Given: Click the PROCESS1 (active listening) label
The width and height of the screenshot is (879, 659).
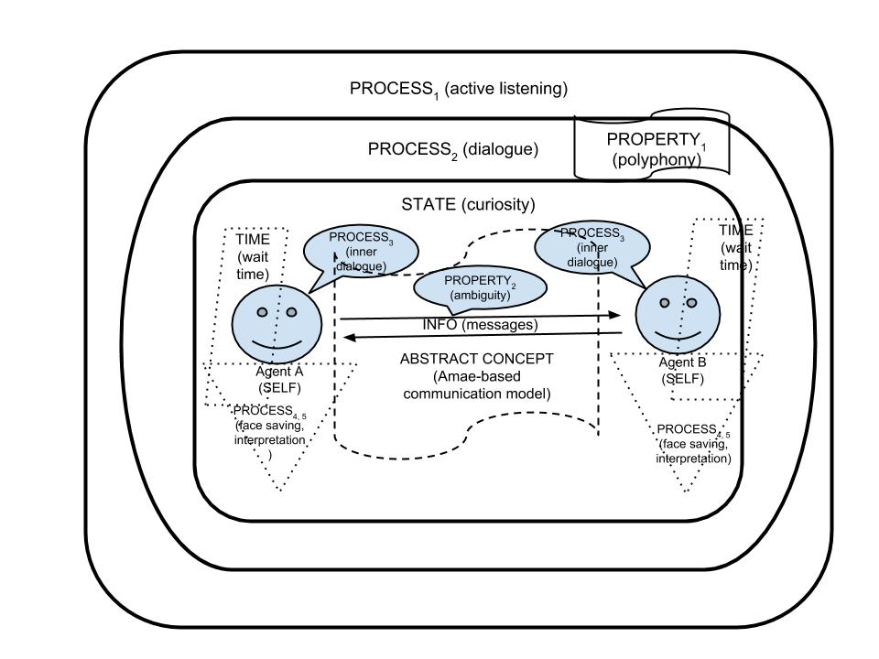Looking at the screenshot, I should point(459,90).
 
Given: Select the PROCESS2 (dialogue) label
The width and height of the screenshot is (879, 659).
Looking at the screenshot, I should point(452,148).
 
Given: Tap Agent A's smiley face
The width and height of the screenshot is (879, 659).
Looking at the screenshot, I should point(277,323).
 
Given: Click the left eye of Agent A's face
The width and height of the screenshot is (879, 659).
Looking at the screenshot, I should point(263,312).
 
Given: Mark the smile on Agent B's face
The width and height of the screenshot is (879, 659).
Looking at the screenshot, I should point(678,333).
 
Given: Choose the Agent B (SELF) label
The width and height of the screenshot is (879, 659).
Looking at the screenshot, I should point(682,370).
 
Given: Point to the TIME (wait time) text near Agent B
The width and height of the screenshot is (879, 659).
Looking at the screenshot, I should point(734,248).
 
